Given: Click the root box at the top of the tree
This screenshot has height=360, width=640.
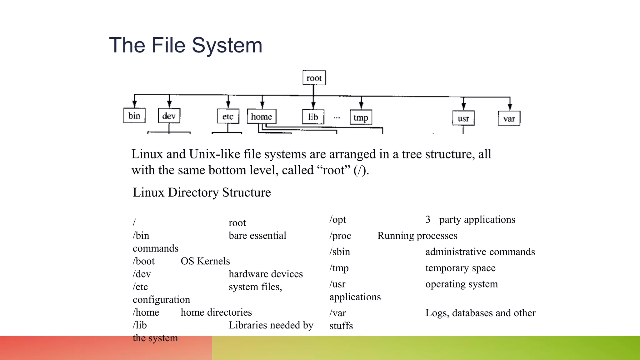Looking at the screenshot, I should coord(314,78).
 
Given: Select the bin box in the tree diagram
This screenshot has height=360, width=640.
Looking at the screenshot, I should coord(134,116).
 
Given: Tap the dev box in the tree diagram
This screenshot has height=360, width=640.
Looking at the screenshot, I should coord(169,116).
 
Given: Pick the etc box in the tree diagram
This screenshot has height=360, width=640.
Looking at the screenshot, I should coord(228,117).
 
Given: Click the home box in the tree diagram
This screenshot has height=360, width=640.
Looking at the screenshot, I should coord(262,117).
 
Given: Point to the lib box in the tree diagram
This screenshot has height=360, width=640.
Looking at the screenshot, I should coord(313,117).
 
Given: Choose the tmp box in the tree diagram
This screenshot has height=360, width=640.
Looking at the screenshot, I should coord(361,117).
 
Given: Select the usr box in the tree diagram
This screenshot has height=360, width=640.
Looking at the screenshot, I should coord(463,118).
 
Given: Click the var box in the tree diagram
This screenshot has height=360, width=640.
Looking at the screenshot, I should coord(509,119).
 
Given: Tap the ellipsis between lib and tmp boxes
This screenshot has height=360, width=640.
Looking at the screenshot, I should coord(337,118).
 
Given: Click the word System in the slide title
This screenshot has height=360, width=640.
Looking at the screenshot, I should coord(227,45).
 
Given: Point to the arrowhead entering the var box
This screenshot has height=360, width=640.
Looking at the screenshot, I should coord(510,107).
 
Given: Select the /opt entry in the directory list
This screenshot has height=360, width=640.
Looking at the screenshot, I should coord(338,220).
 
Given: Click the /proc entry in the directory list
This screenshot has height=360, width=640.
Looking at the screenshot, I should coord(340,236).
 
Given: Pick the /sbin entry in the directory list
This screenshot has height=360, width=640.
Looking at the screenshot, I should coord(340,252).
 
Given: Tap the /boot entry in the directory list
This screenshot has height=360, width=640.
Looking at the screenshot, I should coord(144,261).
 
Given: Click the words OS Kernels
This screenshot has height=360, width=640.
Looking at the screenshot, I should coord(205,261).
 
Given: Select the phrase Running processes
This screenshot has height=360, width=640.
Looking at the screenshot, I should coord(417,236).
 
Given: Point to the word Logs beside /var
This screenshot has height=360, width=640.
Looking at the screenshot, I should coord(437,313).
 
